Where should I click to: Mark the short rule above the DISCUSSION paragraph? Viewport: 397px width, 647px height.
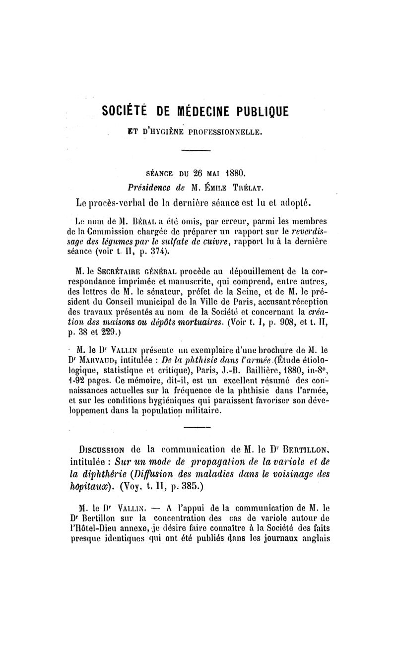click(x=197, y=427)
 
